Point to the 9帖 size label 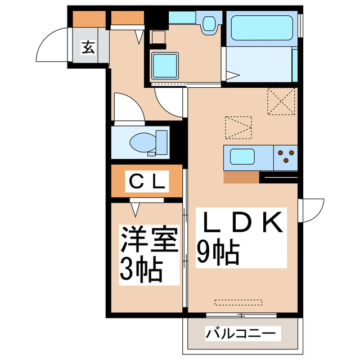point(219,253)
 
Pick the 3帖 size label point(141,269)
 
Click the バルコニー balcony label point(241,334)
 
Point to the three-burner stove point(285,156)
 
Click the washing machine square point(164,65)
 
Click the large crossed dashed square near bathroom point(281,102)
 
